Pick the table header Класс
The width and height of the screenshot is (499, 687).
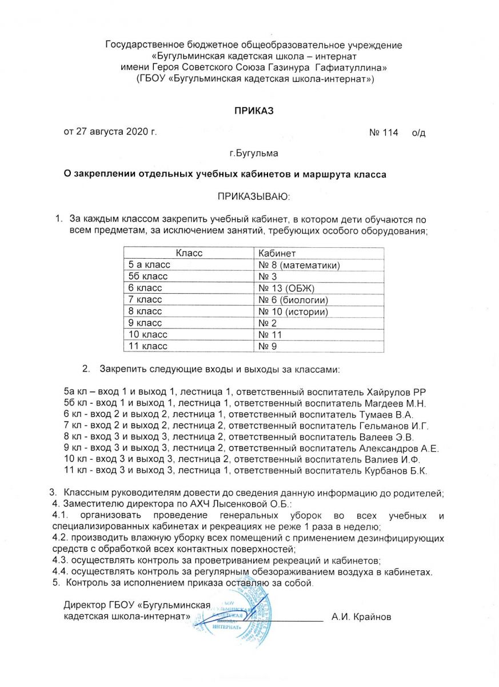189,253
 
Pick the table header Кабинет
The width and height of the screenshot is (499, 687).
277,253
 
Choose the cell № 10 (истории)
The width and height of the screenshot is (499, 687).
293,311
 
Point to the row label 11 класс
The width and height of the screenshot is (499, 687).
145,346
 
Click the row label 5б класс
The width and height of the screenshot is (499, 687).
145,277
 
